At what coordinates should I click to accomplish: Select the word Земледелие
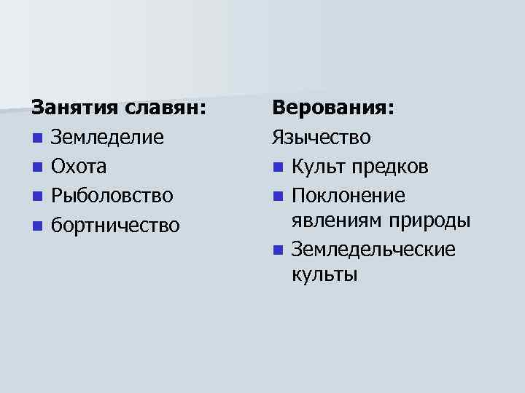[107, 138]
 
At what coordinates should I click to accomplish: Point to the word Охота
[79, 167]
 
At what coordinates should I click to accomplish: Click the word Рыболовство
[112, 196]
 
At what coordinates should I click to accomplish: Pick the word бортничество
[114, 225]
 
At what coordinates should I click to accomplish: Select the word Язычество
[322, 138]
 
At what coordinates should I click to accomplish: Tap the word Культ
[317, 167]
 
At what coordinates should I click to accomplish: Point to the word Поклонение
[348, 196]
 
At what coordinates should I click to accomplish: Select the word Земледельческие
[373, 250]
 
